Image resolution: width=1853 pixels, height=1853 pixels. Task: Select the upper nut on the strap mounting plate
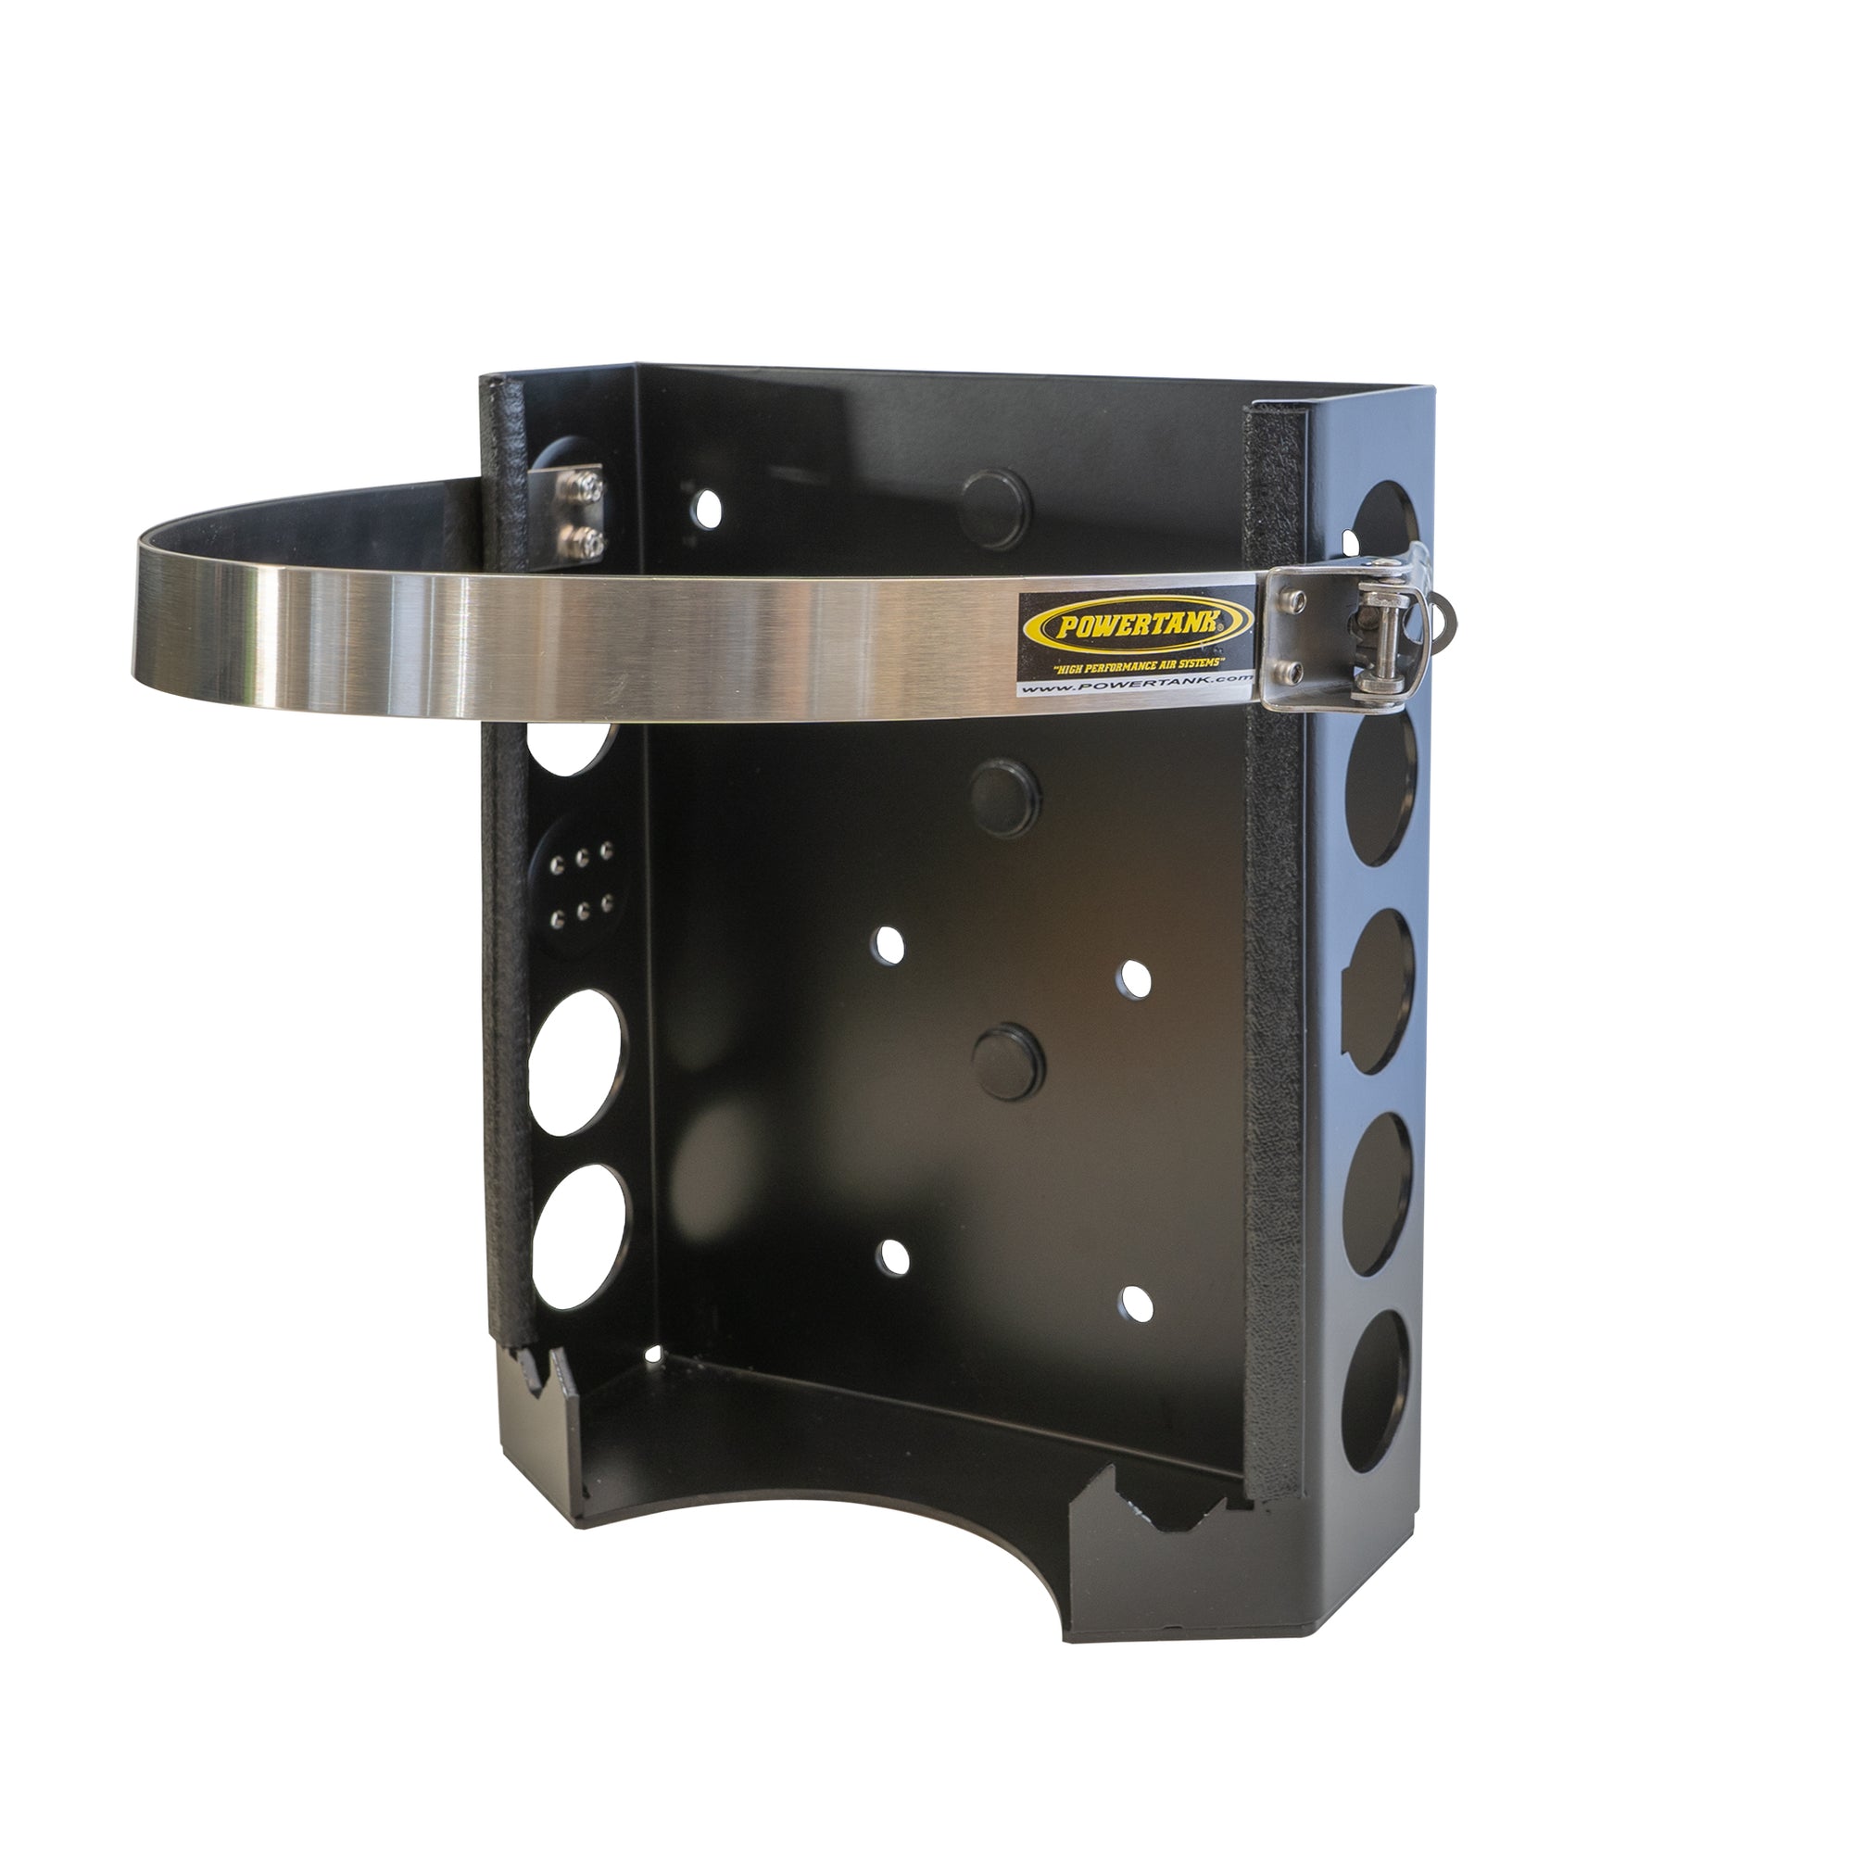coord(585,488)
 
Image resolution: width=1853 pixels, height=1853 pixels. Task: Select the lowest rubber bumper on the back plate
coord(1009,1062)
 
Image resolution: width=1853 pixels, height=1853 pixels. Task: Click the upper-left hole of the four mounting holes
coord(889,946)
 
